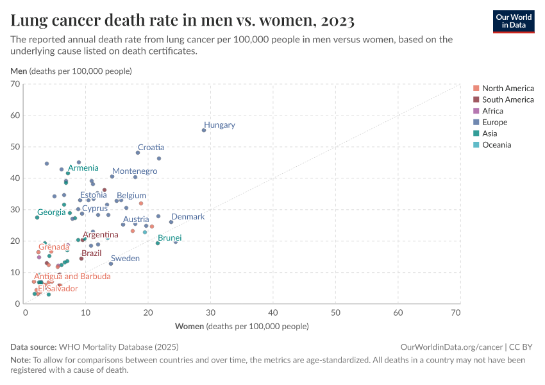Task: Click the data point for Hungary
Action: point(204,130)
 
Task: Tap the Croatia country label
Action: point(151,148)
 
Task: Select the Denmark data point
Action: point(171,222)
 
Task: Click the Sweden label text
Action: point(125,259)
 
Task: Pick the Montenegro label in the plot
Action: point(135,171)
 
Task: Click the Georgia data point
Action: point(37,218)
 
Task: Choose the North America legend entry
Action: point(507,89)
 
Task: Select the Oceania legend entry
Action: point(496,145)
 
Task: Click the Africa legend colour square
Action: point(476,111)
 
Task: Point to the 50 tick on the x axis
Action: point(335,312)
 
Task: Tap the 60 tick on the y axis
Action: point(16,116)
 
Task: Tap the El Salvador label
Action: point(58,289)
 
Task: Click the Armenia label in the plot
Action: point(83,168)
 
